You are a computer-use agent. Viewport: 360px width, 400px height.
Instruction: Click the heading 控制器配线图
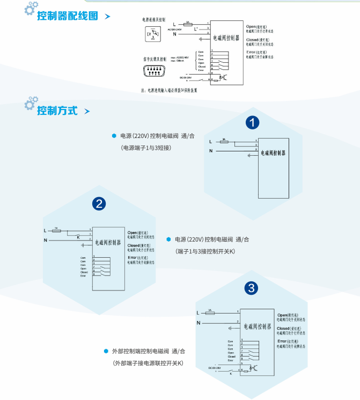pos(68,16)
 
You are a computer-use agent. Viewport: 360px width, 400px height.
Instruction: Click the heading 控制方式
pos(57,111)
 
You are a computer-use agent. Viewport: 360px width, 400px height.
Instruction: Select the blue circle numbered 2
pos(99,203)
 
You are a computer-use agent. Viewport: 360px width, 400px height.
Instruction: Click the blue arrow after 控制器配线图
pos(108,17)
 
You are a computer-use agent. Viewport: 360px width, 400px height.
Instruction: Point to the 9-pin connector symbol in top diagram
pos(155,70)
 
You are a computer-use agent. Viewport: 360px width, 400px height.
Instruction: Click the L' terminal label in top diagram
pos(196,28)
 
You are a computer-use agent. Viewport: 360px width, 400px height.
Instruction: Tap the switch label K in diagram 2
pos(78,237)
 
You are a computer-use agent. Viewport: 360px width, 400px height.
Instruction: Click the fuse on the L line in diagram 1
pos(224,142)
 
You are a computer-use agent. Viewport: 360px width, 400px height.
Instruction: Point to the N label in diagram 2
pos(46,240)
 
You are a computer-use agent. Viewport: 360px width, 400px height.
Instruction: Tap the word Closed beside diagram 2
pos(134,245)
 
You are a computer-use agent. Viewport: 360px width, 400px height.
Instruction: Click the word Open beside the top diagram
pos(251,26)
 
